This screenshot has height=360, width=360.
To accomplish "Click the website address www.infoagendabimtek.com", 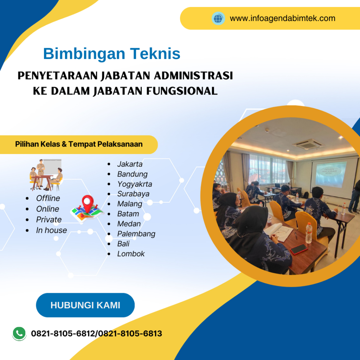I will click(x=282, y=18).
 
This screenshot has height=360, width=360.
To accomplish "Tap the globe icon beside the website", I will click(x=218, y=18).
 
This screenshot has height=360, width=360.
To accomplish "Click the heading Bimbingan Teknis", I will click(x=111, y=54).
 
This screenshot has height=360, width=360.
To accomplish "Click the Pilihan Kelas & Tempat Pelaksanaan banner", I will click(x=79, y=144).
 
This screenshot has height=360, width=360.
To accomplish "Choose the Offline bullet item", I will click(x=48, y=198).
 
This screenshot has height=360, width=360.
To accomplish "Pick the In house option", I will click(x=51, y=230).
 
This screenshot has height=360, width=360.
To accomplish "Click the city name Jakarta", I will click(x=130, y=164).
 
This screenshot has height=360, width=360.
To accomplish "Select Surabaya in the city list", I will click(x=133, y=194).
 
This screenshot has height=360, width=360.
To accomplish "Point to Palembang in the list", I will click(x=136, y=234).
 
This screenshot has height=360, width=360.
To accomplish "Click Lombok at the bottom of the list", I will click(x=131, y=254).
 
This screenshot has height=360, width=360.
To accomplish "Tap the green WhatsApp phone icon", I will click(x=19, y=333).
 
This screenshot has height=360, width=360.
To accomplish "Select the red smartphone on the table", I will click(x=299, y=249).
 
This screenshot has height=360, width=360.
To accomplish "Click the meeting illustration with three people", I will click(x=46, y=175).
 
